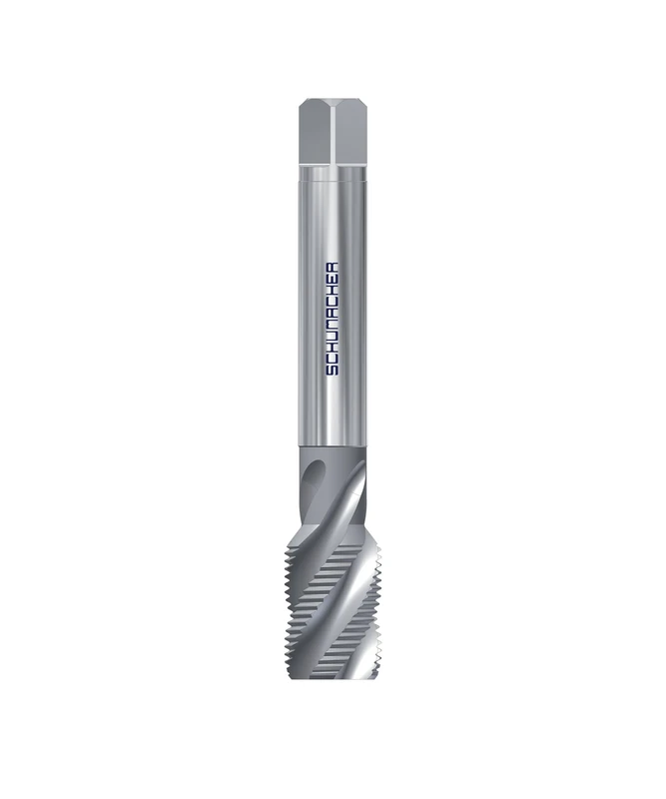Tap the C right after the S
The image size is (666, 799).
click(333, 359)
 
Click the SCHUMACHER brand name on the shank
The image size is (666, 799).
click(333, 317)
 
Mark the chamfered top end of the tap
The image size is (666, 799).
click(332, 101)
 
